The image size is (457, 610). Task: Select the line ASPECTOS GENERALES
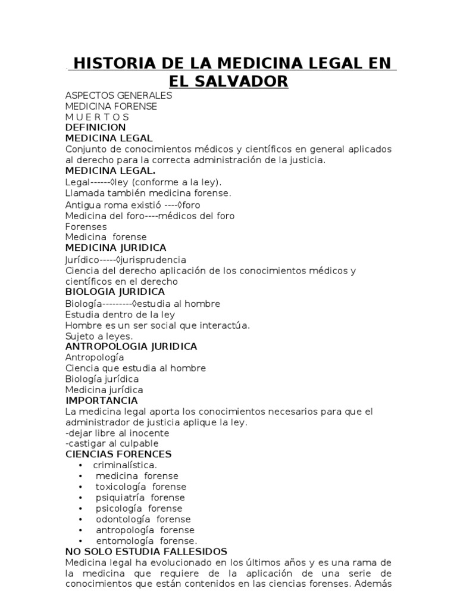[x=118, y=95]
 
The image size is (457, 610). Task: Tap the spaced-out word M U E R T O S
[x=97, y=117]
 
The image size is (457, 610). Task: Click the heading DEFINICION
[x=95, y=127]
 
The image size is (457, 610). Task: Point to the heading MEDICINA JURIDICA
[x=115, y=248]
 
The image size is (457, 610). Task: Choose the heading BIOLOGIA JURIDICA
[x=115, y=292]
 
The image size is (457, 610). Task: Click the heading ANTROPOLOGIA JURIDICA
[x=130, y=347]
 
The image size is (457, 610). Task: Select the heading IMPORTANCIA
[x=101, y=401]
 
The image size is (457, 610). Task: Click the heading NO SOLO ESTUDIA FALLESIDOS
[x=146, y=552]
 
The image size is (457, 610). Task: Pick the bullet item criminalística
[x=125, y=465]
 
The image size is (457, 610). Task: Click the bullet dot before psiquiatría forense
[x=80, y=497]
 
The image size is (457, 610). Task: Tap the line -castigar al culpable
[x=112, y=444]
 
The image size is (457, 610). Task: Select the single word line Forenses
[x=86, y=226]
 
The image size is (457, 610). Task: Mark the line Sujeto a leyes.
[x=99, y=336]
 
